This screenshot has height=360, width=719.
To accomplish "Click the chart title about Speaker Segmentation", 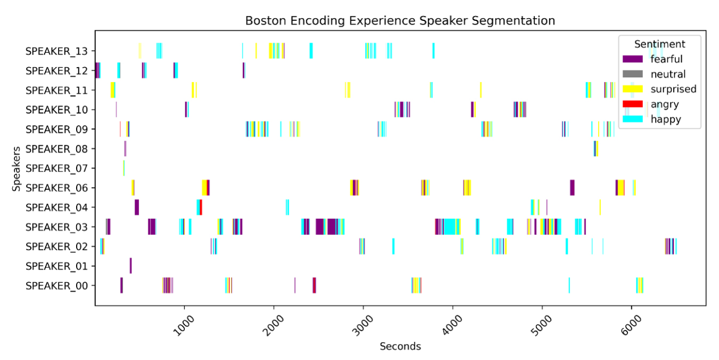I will point(400,21).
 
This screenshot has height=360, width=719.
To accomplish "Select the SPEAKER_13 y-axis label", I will point(60,51).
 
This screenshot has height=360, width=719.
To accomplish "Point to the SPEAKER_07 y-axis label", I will point(60,168).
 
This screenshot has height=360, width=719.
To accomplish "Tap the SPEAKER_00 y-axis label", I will point(60,285).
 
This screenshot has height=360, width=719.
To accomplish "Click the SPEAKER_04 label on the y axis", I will point(60,207).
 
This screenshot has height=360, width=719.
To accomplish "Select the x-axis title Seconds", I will point(400,347).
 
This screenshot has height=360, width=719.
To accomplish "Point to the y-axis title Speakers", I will point(18,168).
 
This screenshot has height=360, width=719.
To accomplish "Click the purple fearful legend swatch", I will point(633,59).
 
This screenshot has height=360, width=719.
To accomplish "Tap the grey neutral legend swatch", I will point(633,74).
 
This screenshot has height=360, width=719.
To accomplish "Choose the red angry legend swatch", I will point(633,104).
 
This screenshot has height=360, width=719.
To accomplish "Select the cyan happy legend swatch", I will point(633,120).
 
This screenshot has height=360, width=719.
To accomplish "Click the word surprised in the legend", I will point(673,89).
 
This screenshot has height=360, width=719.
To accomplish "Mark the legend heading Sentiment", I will point(659,44).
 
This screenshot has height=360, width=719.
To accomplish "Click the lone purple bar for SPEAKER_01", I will point(130,266).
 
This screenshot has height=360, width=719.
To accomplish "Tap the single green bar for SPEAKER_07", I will point(124,168).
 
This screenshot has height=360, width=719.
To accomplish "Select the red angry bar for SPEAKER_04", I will point(201,207).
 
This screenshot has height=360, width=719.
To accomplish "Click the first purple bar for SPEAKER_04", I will point(137,207).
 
